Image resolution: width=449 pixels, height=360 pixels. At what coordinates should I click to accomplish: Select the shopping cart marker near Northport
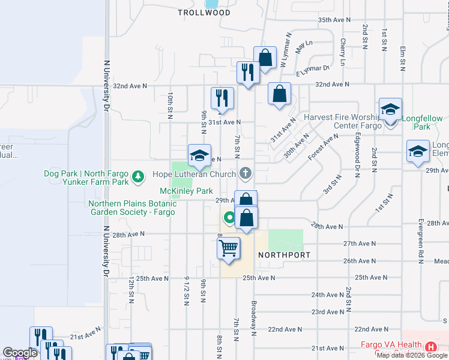coord(228,248)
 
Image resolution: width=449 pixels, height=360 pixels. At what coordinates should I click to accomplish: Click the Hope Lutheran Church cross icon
coord(244,174)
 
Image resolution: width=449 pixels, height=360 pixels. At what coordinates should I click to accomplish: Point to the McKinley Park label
coord(186,191)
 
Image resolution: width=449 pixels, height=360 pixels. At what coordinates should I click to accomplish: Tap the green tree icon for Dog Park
coord(139,177)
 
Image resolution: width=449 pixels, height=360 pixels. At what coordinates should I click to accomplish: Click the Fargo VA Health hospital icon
coord(430,347)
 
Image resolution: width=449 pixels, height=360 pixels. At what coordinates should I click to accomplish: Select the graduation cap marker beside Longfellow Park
coord(390,110)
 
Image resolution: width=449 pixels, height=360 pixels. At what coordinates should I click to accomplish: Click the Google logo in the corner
coord(20,353)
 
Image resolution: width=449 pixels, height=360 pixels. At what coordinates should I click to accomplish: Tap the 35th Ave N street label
coord(334,20)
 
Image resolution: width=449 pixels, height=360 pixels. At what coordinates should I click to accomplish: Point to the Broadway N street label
coord(255,318)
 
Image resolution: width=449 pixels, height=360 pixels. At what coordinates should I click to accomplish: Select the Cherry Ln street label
coord(343,52)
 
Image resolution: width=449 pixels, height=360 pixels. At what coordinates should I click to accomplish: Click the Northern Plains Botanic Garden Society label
coord(132,208)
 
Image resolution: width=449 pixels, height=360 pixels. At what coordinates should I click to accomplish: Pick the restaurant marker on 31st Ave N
coord(222,99)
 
